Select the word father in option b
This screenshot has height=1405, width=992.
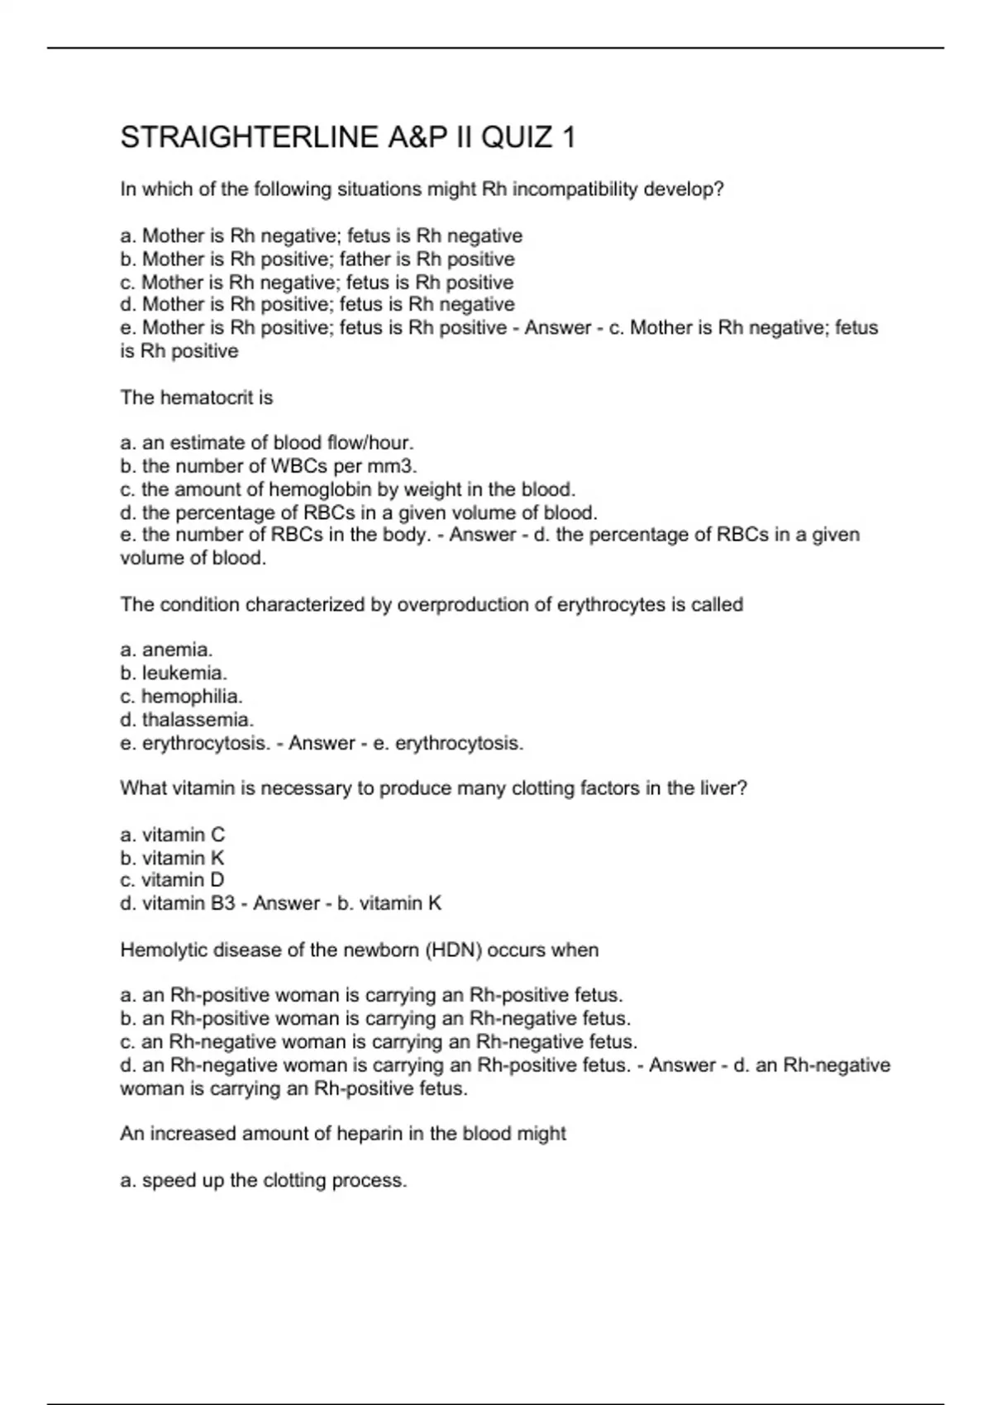(374, 260)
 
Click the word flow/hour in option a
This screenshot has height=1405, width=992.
(370, 443)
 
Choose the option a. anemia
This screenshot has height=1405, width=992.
(166, 650)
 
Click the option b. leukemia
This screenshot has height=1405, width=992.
(174, 674)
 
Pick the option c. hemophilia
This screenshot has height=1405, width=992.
(181, 697)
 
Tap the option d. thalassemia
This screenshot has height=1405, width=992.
(187, 720)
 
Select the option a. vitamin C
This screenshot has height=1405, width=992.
(172, 835)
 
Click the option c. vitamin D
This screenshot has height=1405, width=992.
(172, 880)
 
